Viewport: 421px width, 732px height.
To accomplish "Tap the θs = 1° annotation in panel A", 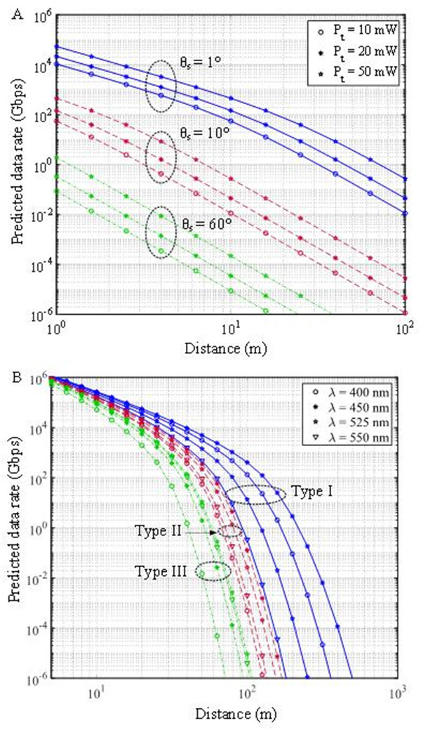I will point(200,60).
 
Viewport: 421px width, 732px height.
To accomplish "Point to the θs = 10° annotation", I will point(201,136).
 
